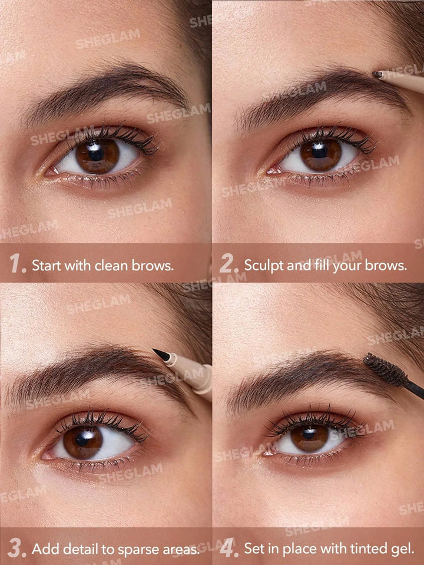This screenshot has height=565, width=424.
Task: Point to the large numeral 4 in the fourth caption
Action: [x=227, y=548]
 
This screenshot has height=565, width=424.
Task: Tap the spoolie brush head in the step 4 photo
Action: [x=385, y=370]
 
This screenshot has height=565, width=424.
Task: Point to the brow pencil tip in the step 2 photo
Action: [x=377, y=74]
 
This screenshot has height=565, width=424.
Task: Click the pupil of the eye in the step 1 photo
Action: [x=96, y=154]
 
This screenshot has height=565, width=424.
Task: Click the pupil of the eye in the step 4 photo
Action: [x=309, y=434]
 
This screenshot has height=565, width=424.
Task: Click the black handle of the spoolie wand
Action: [x=415, y=390]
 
